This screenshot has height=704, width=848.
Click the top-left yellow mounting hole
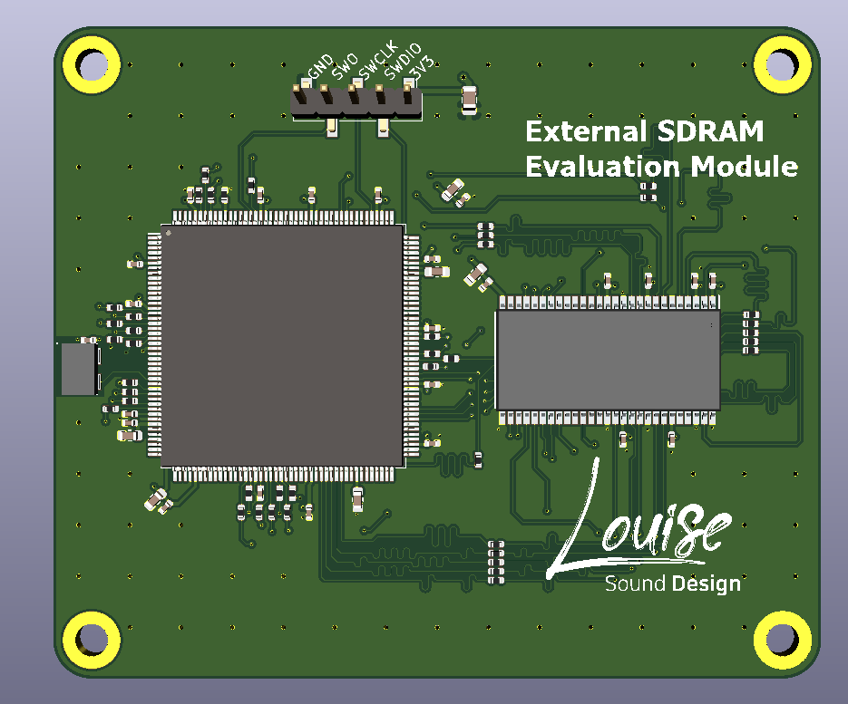92,64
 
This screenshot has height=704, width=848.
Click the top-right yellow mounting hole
783,64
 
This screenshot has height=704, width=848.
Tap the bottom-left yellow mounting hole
92,640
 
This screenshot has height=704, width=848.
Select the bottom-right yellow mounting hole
783,640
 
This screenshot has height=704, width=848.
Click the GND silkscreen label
320,66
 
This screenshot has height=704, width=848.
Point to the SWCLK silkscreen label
378,60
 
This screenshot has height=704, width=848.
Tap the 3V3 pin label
422,66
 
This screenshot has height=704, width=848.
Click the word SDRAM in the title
709,131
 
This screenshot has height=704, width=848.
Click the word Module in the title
745,166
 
